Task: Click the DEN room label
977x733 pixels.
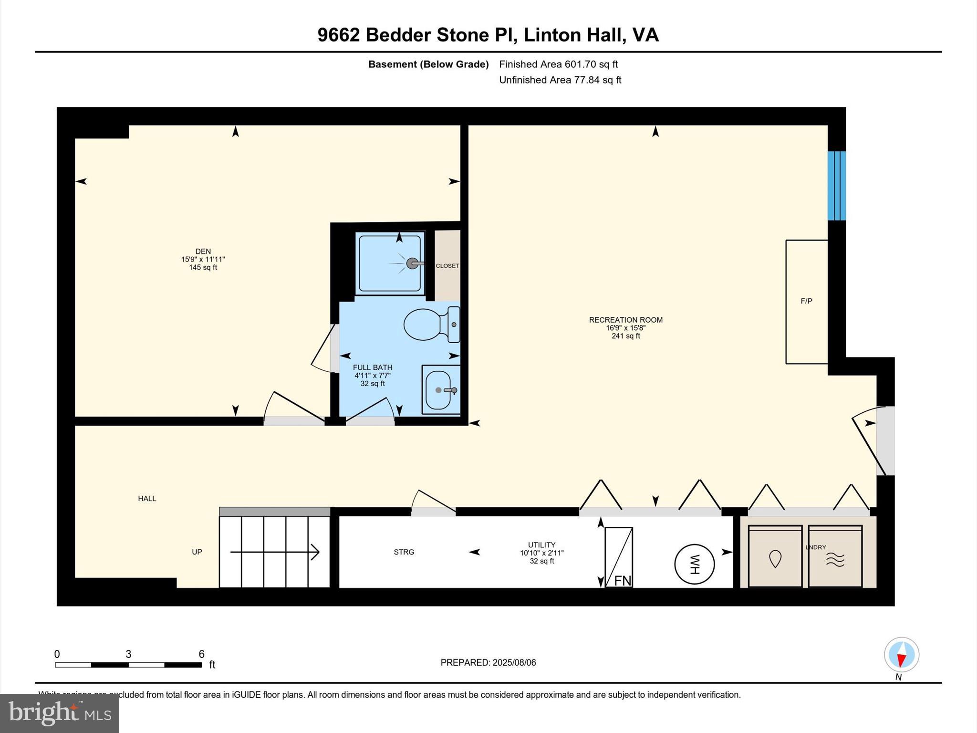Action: [x=203, y=251]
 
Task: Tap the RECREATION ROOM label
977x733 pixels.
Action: [x=625, y=320]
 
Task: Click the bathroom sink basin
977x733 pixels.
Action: [x=438, y=390]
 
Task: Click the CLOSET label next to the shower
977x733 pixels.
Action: [x=447, y=266]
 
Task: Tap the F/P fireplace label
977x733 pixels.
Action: [x=806, y=301]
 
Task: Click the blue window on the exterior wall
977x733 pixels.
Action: [x=836, y=186]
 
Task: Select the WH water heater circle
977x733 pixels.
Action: [x=694, y=565]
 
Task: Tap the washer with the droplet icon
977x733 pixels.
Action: [x=775, y=557]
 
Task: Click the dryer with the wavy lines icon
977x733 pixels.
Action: [x=835, y=557]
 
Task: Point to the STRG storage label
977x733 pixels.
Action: [x=404, y=552]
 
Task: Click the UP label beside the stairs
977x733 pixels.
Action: [x=197, y=552]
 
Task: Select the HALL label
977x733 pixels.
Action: [x=147, y=499]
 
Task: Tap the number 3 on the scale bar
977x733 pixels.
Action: [x=128, y=654]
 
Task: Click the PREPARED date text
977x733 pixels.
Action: [x=488, y=662]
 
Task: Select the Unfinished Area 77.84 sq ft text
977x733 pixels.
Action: [x=560, y=80]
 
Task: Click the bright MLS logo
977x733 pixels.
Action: [x=60, y=713]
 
